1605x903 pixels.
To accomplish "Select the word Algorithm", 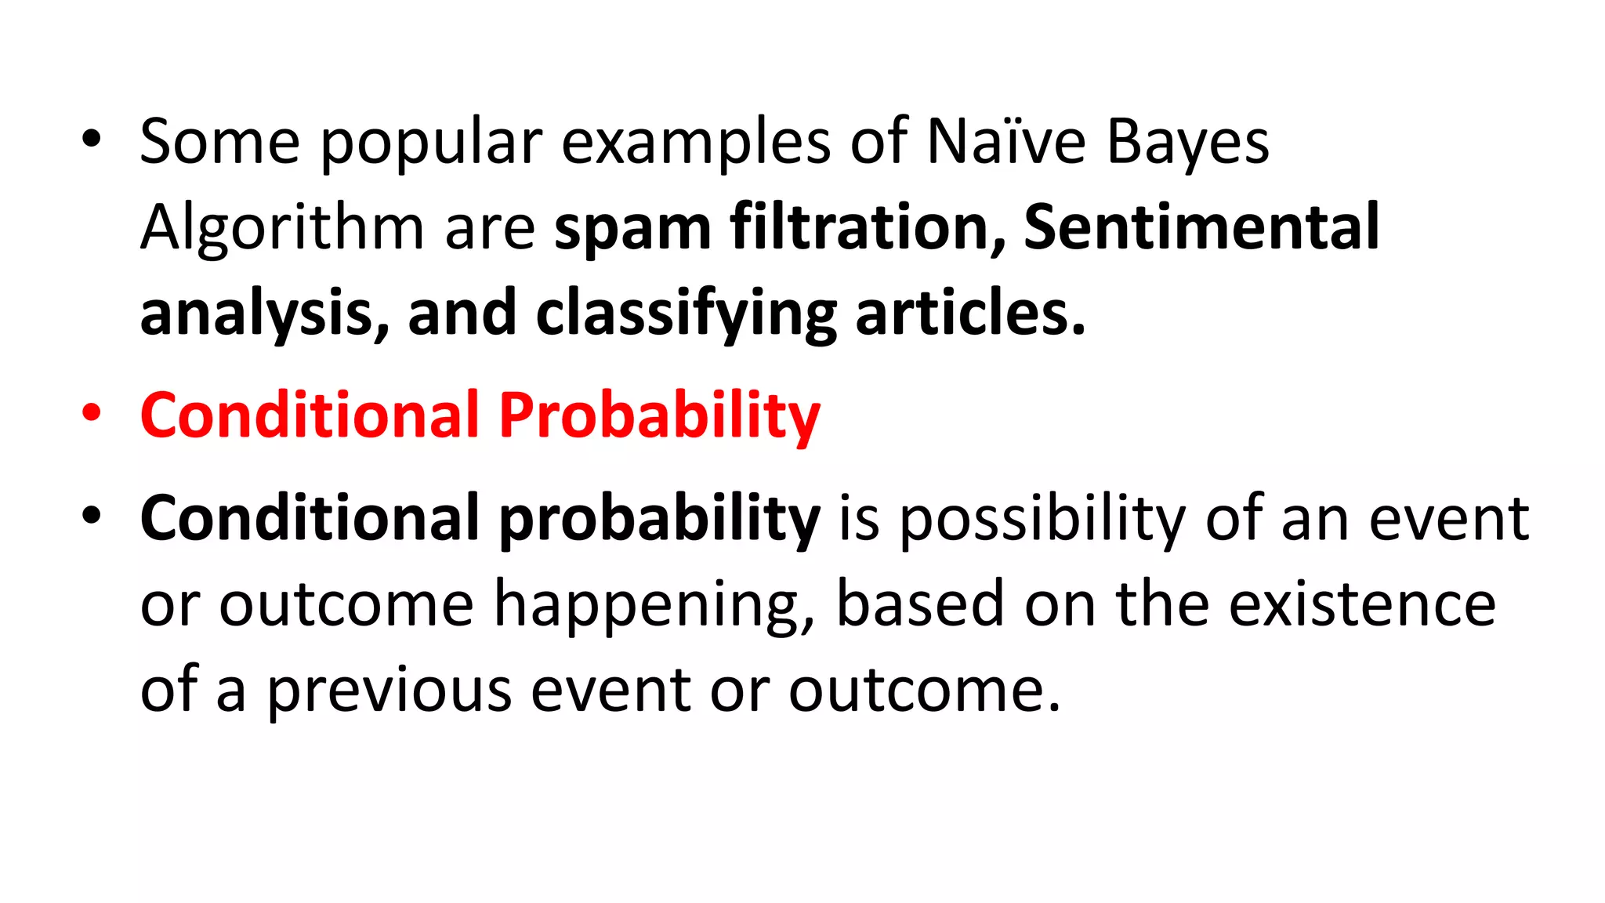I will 282,228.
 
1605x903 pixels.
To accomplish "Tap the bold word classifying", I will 687,313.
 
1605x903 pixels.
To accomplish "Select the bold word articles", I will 970,313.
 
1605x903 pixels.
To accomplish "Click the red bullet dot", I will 92,413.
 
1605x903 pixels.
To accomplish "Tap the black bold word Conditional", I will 310,518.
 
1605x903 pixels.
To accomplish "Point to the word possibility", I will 1042,518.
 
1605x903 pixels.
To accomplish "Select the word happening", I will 654,604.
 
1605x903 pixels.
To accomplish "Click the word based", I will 920,604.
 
